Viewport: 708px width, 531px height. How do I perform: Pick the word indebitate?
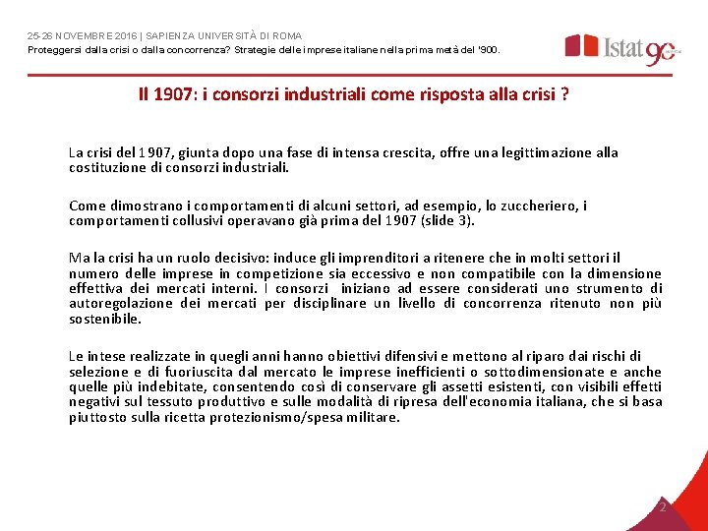coord(152,386)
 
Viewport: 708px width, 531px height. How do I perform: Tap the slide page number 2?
coord(662,506)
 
